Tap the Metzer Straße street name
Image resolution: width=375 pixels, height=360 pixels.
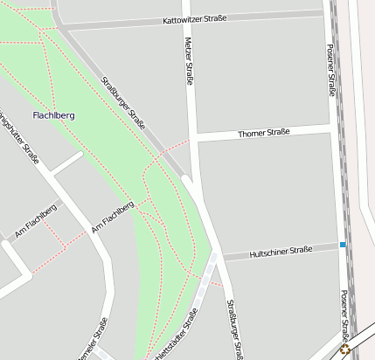(189, 60)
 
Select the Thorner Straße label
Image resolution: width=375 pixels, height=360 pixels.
(263, 134)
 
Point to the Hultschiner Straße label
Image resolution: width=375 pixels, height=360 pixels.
(281, 251)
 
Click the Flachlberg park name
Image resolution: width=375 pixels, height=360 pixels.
(53, 115)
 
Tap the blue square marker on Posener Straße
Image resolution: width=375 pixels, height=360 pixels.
(344, 245)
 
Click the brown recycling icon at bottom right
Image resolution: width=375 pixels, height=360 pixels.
(345, 350)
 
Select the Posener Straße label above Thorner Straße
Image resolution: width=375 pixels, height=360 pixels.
(330, 72)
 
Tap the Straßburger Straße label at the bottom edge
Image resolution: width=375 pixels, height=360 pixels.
(234, 330)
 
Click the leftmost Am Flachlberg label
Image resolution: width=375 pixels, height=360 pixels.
(36, 221)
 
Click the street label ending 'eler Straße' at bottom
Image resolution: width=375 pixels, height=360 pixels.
(91, 342)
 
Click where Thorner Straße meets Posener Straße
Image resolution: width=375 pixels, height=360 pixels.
(334, 128)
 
